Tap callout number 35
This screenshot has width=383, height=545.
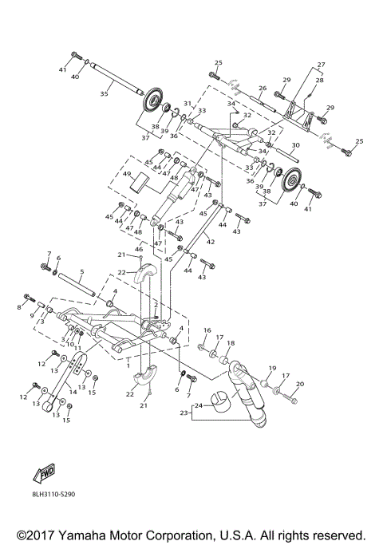tap(103, 94)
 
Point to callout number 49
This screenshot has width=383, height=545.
tap(126, 174)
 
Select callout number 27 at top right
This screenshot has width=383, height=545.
tap(321, 64)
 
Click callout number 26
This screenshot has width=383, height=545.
tap(262, 89)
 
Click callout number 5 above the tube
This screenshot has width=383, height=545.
tap(81, 271)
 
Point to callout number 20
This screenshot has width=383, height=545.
tap(300, 385)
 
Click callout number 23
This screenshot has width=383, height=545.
tap(184, 413)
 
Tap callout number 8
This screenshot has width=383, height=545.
tap(20, 306)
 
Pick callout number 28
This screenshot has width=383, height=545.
tap(319, 81)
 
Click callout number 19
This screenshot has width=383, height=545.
tap(271, 369)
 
